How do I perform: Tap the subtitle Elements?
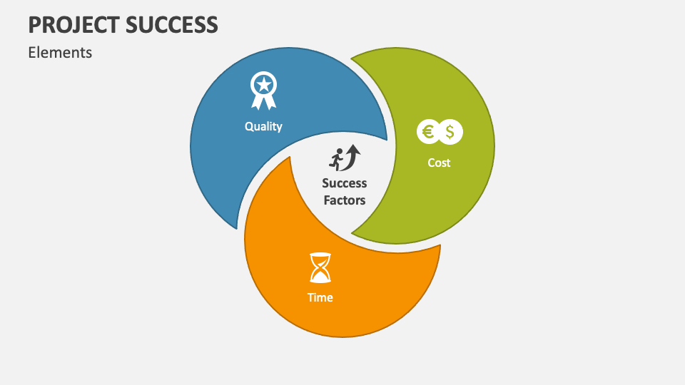(60, 52)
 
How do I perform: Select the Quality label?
(263, 126)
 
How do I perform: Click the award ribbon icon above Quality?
(263, 91)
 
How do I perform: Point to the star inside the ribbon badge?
(263, 85)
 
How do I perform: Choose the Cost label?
(439, 163)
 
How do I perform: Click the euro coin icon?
(428, 131)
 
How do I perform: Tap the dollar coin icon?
(450, 131)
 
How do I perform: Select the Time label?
(320, 297)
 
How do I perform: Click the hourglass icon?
(320, 267)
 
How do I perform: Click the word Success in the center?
(344, 183)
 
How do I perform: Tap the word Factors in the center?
(344, 200)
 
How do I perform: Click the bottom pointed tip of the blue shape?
(236, 227)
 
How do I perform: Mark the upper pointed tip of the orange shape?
(290, 158)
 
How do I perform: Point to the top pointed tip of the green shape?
(352, 58)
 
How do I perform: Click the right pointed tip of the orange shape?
(439, 246)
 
